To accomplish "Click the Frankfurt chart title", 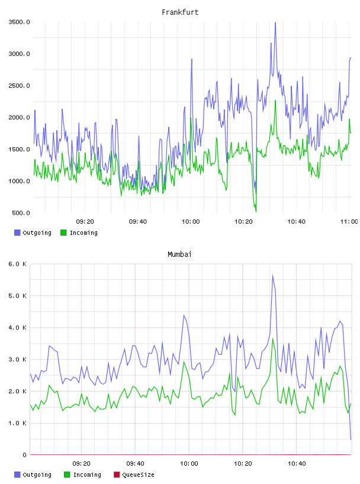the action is pos(180,12).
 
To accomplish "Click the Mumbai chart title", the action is pos(179,254).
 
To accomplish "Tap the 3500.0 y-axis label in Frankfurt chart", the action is pos(19,22).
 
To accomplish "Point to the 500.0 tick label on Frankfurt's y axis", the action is pos(21,213).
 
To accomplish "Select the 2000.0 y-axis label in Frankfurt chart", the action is pos(19,117).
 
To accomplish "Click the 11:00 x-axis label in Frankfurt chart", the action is pos(349,222).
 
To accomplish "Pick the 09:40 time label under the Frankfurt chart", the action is pos(138,222).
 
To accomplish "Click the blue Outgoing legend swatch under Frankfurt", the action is pos(17,233).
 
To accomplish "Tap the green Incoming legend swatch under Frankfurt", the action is pos(63,233).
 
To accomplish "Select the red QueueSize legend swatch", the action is pos(117,475).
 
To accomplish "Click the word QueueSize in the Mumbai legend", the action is pos(139,475).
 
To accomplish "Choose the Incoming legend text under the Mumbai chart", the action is pos(87,475).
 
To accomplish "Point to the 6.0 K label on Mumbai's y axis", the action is pos(17,264).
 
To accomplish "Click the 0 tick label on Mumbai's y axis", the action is pos(25,455).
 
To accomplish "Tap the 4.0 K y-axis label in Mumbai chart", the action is pos(17,327).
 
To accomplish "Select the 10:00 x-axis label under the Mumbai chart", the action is pos(189,464).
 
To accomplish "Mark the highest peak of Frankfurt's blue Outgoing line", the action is pos(275,23).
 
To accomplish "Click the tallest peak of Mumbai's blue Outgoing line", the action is pos(272,275).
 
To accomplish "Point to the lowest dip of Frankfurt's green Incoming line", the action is pos(256,212).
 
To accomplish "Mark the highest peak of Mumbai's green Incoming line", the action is pos(272,338).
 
